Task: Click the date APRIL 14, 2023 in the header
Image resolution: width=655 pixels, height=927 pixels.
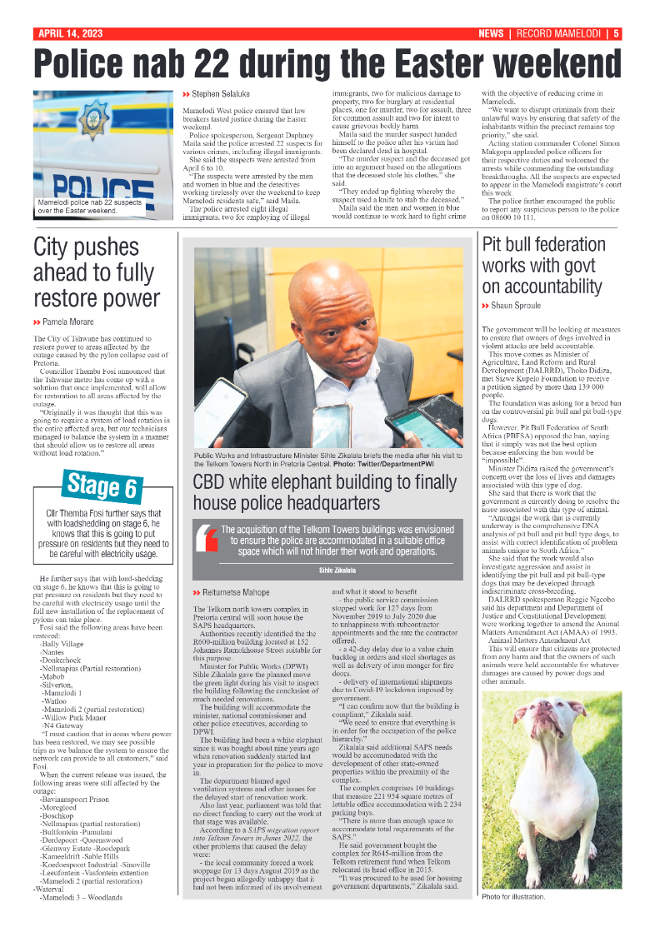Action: pos(69,34)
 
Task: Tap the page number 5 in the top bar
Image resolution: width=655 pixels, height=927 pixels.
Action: pos(616,34)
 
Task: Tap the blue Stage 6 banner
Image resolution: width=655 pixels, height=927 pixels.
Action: pos(102,486)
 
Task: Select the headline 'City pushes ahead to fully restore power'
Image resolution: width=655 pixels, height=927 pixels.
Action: pos(96,272)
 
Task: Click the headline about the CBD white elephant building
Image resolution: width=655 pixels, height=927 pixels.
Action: pos(324,492)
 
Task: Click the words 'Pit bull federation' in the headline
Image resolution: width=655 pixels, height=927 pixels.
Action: pos(544,245)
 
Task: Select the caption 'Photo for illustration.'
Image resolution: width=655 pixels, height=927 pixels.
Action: pos(512,896)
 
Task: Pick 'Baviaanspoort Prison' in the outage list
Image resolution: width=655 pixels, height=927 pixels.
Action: pos(75,799)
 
